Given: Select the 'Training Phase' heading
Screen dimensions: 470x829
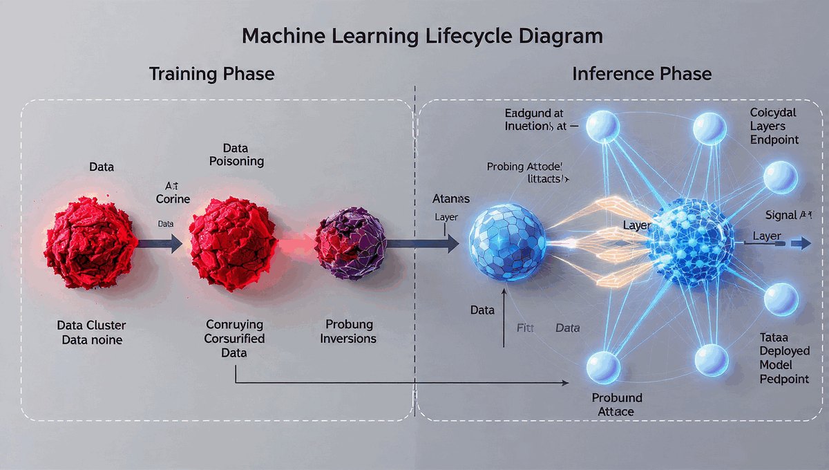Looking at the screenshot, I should click(x=211, y=74).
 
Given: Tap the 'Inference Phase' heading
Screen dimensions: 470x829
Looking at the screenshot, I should click(x=642, y=74).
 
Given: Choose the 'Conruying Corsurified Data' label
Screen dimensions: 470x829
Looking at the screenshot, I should click(x=235, y=339).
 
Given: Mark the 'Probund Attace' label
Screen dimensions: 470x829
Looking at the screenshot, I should click(x=617, y=404).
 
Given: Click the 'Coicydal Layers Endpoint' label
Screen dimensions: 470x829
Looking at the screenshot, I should click(x=774, y=126).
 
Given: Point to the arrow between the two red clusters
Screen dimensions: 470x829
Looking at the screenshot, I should click(x=160, y=243).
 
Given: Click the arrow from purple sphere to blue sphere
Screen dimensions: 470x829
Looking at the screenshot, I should click(x=421, y=243).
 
